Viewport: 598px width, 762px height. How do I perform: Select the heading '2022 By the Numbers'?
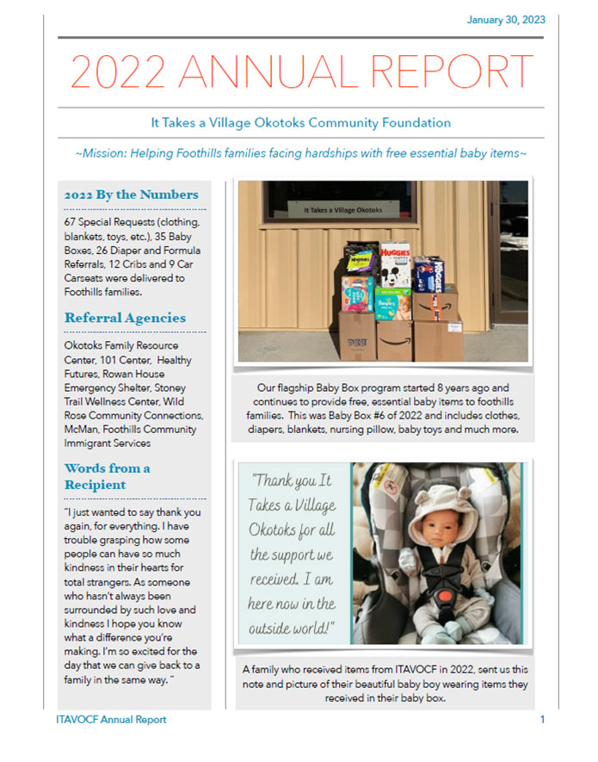pyautogui.click(x=131, y=195)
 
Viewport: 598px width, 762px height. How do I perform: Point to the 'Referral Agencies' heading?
pyautogui.click(x=125, y=318)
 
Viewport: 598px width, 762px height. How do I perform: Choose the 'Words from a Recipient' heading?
pyautogui.click(x=108, y=476)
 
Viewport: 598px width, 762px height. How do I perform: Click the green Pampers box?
pyautogui.click(x=392, y=303)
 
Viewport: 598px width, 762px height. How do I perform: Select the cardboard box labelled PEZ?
pyautogui.click(x=354, y=336)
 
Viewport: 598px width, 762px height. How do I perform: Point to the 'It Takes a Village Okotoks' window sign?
pyautogui.click(x=342, y=209)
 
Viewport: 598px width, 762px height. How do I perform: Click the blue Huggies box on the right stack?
pyautogui.click(x=428, y=274)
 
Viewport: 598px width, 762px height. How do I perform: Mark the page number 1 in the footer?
pyautogui.click(x=542, y=719)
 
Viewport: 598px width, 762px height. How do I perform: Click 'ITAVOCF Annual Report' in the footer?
pyautogui.click(x=106, y=719)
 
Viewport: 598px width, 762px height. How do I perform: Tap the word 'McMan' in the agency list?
pyautogui.click(x=83, y=430)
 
